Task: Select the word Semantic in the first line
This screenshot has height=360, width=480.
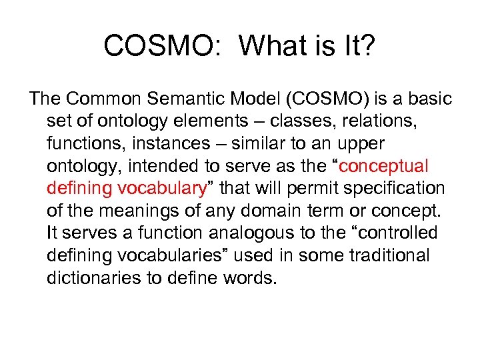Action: point(185,99)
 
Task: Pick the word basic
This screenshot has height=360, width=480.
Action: point(429,99)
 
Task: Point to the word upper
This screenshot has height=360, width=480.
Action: point(362,144)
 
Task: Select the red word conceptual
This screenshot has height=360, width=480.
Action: point(384,166)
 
